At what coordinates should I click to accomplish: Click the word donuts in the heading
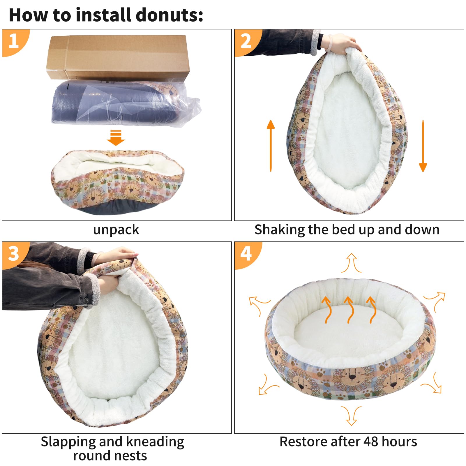point(169,15)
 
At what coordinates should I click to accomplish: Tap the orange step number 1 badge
point(14,41)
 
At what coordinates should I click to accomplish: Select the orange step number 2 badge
point(246,41)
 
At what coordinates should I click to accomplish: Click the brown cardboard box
point(118,57)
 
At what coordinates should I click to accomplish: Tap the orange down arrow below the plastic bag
point(116,138)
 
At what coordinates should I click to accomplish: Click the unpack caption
point(116,230)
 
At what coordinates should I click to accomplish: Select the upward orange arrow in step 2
point(271,146)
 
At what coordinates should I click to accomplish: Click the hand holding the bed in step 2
point(341,44)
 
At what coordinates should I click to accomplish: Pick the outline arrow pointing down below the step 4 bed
point(351,416)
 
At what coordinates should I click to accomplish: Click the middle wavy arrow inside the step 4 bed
point(349,310)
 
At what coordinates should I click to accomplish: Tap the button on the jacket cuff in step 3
point(87,300)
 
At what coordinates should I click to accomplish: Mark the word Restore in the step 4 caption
point(300,442)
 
